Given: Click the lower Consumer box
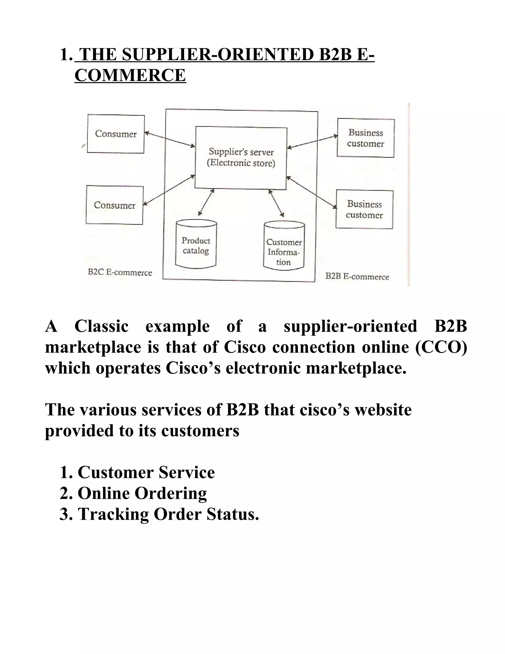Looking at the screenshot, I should coord(115,205).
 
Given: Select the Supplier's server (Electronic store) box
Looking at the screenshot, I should coord(241,158).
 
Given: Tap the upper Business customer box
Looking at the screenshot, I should coord(366,138).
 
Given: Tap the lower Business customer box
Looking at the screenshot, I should coord(364,209).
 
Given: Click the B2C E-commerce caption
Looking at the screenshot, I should coord(120,272).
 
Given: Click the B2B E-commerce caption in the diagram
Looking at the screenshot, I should coord(357,276).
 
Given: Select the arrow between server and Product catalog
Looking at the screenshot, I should coord(206,202).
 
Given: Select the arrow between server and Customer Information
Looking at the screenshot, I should coord(276,203).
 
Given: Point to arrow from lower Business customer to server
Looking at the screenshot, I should coord(312,192).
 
